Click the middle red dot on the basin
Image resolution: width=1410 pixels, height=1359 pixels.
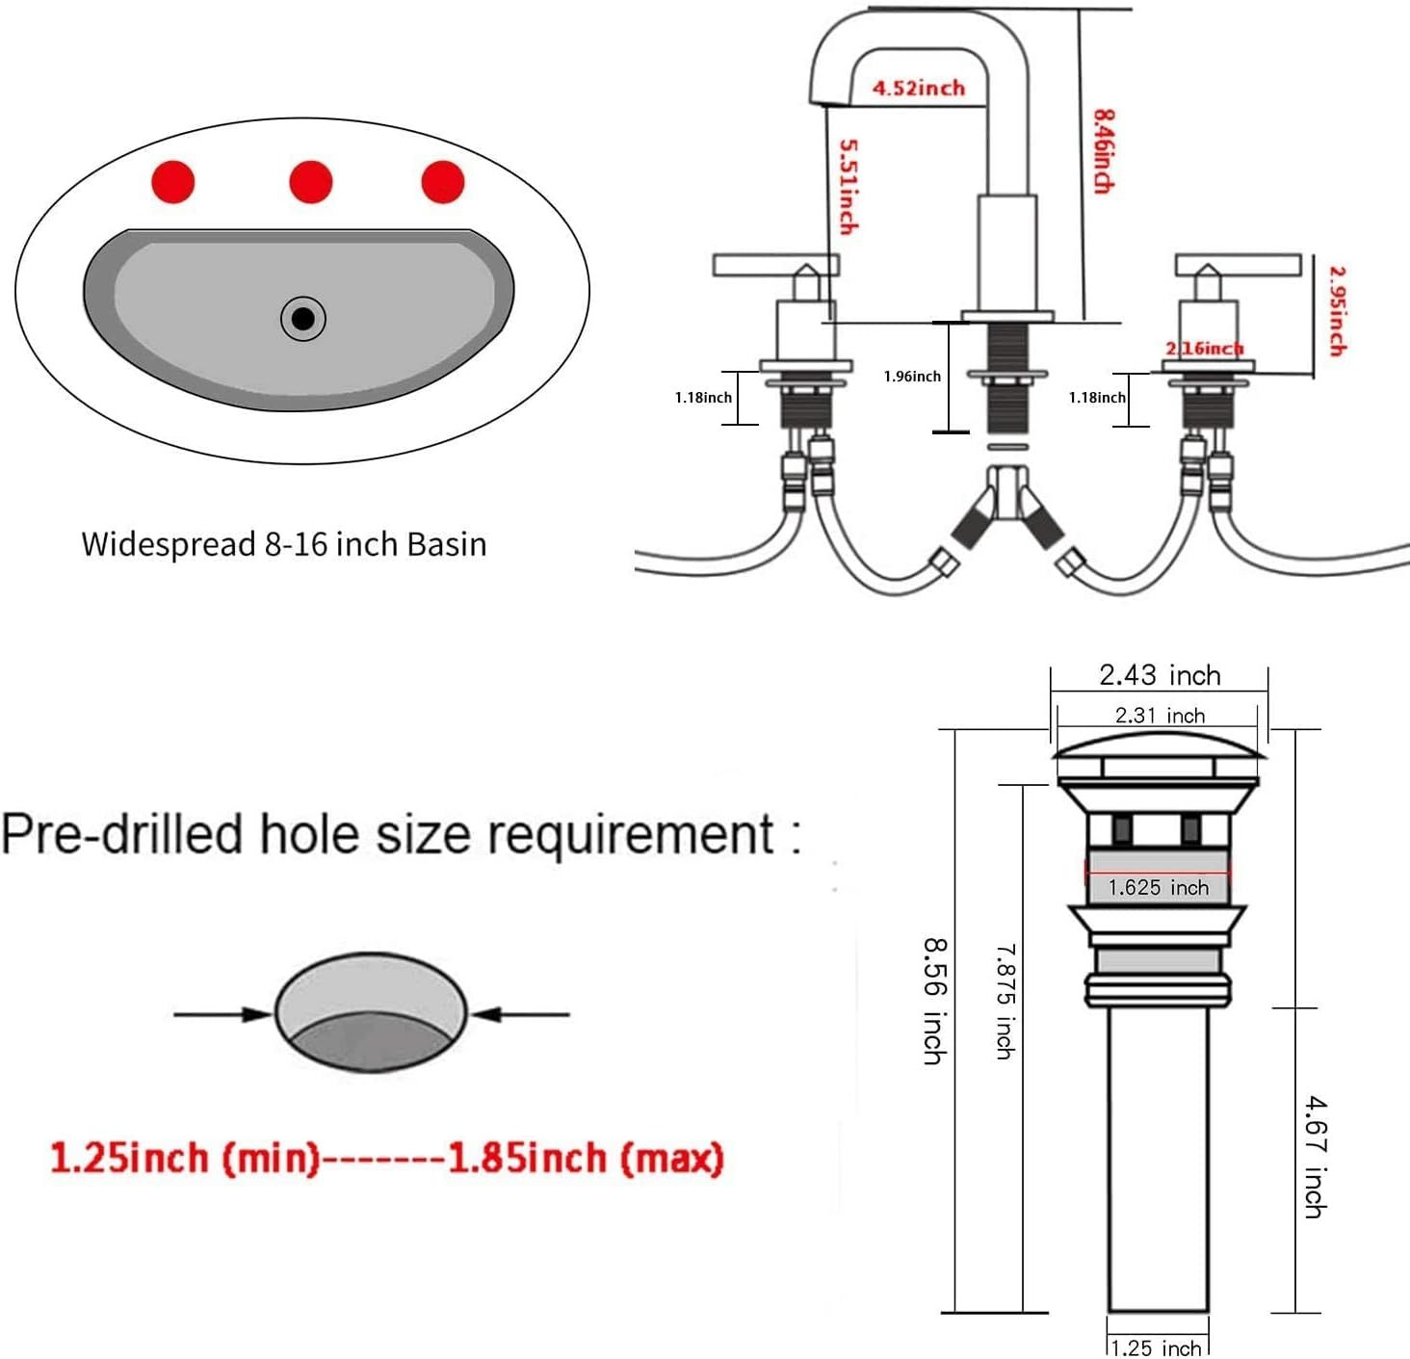coord(311,182)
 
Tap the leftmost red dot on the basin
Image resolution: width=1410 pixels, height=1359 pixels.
coord(173,182)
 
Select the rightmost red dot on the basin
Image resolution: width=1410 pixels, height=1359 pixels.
coord(443,182)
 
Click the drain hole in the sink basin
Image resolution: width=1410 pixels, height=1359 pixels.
coord(302,319)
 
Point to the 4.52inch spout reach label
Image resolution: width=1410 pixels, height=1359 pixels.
coord(919,89)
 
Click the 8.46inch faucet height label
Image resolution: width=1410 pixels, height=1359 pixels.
coord(1104,151)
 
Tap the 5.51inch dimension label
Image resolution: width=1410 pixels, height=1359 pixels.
coord(848,187)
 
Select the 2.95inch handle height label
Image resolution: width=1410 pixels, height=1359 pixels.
coord(1337,311)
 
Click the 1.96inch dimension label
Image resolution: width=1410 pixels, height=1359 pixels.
coord(912,377)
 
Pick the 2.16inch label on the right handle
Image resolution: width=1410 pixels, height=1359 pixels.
coord(1204,349)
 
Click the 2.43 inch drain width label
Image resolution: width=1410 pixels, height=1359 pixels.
coord(1160,675)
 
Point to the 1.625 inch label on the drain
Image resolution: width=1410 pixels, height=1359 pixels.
coord(1158,887)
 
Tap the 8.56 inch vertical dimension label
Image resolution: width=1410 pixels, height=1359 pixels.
coord(934,1002)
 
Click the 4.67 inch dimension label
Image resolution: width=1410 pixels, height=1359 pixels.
coord(1315,1157)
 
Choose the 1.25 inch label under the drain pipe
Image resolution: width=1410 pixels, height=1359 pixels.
coord(1157,1347)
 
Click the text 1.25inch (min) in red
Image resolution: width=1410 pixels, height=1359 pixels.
coord(184,1158)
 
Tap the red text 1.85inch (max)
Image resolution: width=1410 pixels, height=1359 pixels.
coord(586,1158)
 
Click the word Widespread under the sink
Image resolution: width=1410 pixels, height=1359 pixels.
coord(169,544)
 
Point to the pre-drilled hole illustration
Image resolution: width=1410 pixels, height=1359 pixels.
coord(371,1012)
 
